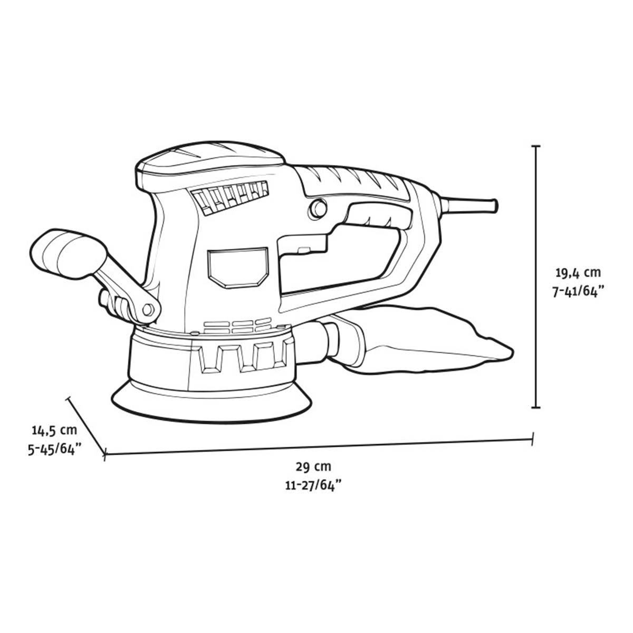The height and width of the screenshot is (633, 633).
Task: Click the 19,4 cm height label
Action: [578, 273]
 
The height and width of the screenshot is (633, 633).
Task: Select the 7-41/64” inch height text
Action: [578, 293]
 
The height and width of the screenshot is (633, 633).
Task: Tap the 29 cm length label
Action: [313, 466]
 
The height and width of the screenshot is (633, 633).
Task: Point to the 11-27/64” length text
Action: [313, 486]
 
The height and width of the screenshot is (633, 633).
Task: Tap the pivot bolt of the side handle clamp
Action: [148, 310]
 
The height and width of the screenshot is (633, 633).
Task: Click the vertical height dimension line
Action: [536, 276]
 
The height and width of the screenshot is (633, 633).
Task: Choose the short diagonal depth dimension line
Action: [87, 425]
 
